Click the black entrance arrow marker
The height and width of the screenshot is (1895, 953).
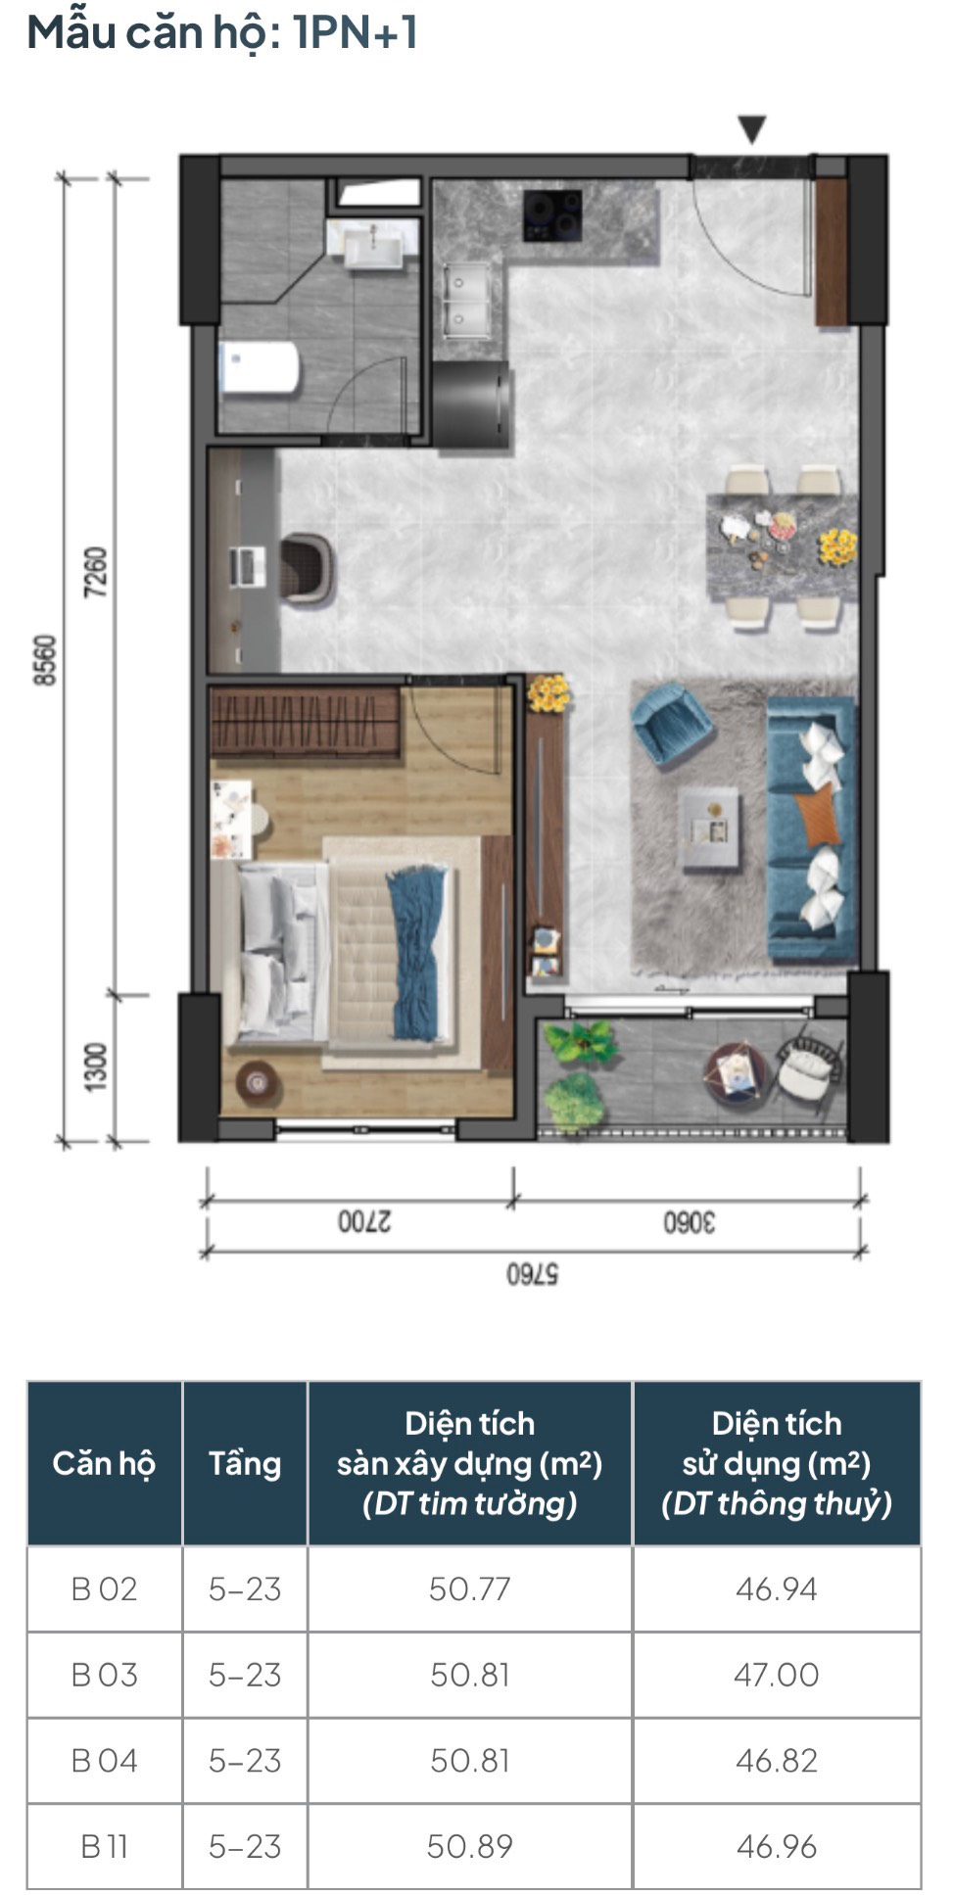click(751, 129)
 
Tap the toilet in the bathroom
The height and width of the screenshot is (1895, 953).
click(259, 367)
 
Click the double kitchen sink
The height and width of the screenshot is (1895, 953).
click(467, 298)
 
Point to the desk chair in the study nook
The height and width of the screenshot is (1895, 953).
click(309, 568)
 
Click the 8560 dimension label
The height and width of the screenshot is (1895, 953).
click(46, 660)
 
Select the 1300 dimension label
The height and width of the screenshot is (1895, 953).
click(94, 1067)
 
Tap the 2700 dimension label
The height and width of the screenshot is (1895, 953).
click(364, 1222)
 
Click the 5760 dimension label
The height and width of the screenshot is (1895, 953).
click(532, 1274)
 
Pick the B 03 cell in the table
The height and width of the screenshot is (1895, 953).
click(104, 1674)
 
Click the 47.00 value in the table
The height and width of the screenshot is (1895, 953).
click(777, 1674)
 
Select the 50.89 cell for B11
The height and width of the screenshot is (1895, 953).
click(470, 1845)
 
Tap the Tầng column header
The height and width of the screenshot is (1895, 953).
click(245, 1464)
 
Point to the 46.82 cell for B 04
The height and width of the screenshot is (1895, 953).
click(777, 1760)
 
